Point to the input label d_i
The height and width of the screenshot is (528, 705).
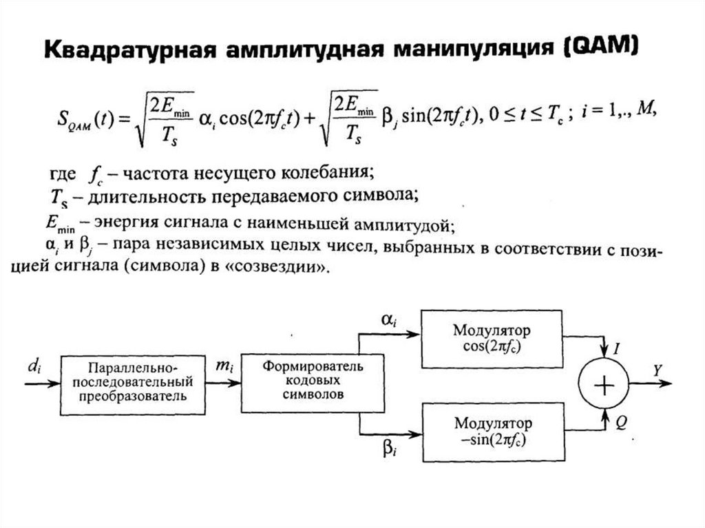(x=32, y=366)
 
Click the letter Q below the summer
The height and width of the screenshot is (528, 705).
(x=620, y=424)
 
